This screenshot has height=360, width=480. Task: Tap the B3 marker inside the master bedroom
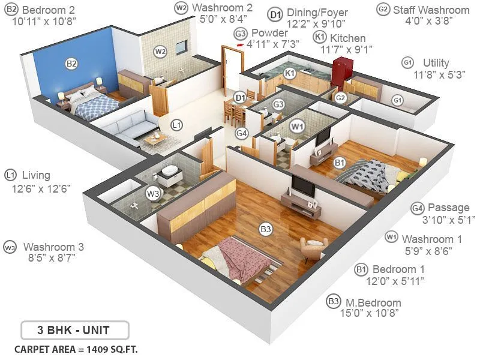tap(265, 229)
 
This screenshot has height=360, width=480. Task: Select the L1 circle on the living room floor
tap(176, 125)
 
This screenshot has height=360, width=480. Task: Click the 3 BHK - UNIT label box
tap(74, 329)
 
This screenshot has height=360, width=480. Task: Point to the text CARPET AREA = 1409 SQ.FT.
tap(79, 349)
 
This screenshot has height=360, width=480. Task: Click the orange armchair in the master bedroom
tap(314, 248)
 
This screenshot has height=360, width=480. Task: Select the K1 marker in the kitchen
tap(289, 73)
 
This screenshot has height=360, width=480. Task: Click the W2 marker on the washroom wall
tap(160, 51)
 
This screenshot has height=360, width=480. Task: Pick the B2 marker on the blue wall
tap(71, 63)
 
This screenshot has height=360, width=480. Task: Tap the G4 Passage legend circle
tap(418, 208)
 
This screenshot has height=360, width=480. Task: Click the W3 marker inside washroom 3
tap(154, 193)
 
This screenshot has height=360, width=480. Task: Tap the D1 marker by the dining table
tap(240, 97)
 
